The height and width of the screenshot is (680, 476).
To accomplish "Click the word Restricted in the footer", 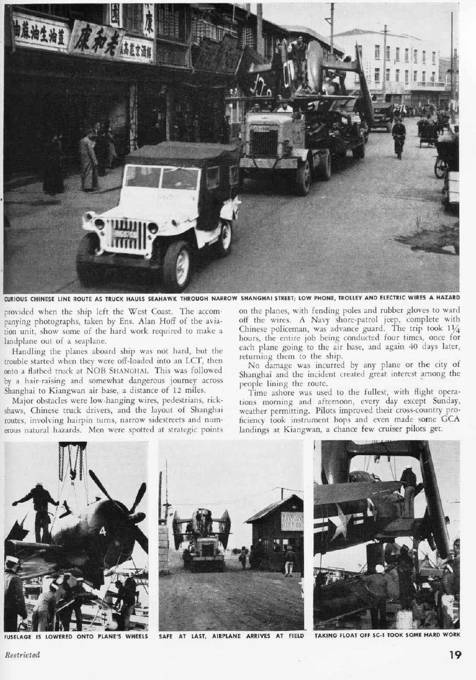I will tap(22, 655).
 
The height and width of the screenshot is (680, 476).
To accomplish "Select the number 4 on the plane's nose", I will tap(102, 531).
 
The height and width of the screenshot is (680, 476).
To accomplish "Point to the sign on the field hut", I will tap(291, 521).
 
